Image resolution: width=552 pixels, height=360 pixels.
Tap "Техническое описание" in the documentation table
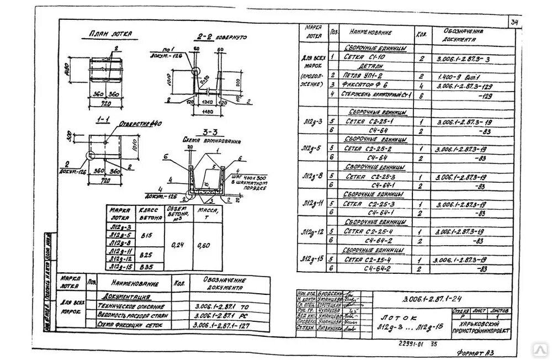(130, 306)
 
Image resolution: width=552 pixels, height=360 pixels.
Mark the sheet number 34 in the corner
(514, 23)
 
